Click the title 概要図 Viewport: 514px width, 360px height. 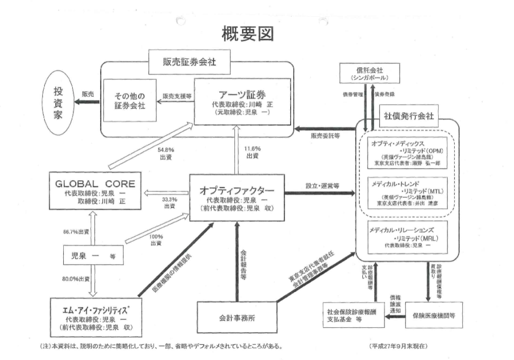pyautogui.click(x=247, y=34)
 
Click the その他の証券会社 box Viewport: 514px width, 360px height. pyautogui.click(x=130, y=100)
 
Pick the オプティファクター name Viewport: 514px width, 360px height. pyautogui.click(x=236, y=191)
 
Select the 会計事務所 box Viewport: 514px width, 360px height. pyautogui.click(x=236, y=317)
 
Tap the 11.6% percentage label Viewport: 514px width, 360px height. pyautogui.click(x=253, y=149)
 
